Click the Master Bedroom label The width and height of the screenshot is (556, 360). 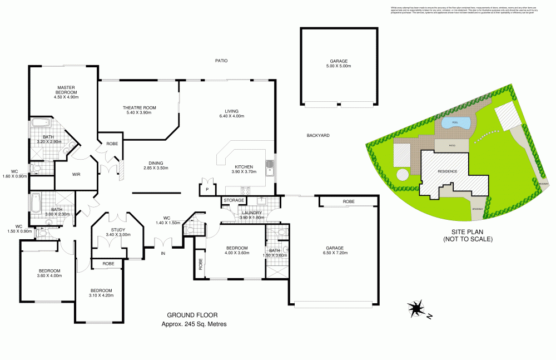click(x=66, y=90)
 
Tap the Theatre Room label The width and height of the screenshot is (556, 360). click(x=140, y=107)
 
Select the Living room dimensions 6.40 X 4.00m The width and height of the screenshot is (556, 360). click(x=231, y=116)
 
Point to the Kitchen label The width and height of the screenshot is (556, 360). click(x=244, y=166)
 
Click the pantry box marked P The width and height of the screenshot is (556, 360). click(x=207, y=189)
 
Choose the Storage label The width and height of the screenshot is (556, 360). click(x=234, y=200)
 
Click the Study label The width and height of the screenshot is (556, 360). click(x=118, y=229)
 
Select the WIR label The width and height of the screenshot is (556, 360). click(x=77, y=174)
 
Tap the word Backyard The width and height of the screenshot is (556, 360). click(x=319, y=135)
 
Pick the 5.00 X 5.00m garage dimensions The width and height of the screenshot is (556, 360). click(x=338, y=66)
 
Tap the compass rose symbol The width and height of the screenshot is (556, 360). click(x=415, y=308)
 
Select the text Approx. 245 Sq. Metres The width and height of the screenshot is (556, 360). click(x=193, y=324)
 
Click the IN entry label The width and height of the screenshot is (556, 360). click(x=163, y=254)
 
